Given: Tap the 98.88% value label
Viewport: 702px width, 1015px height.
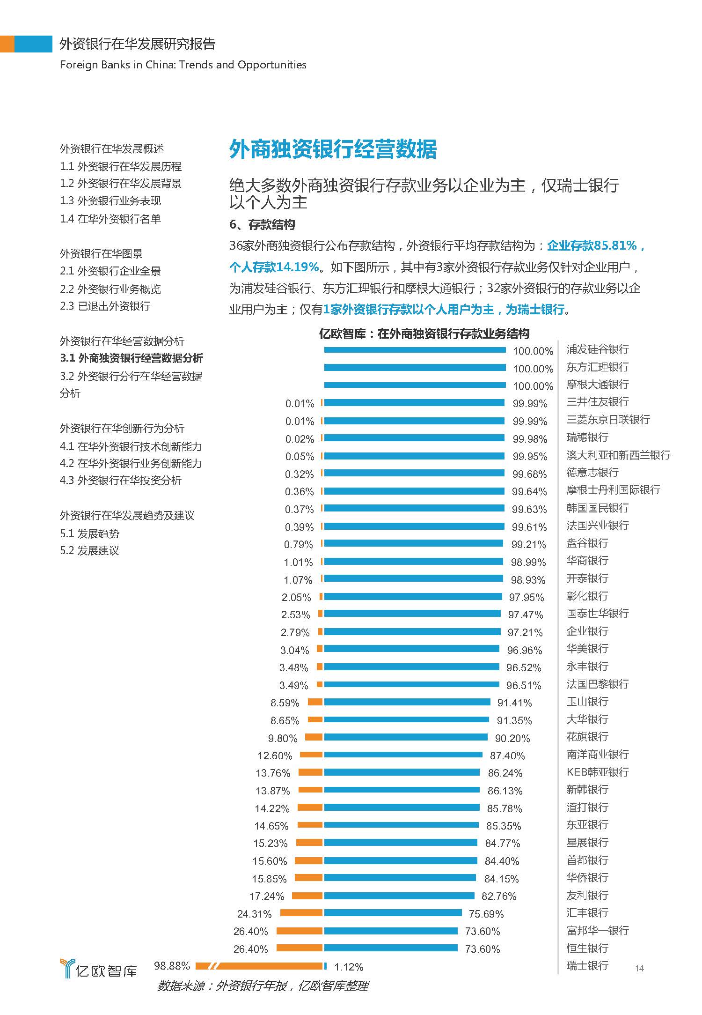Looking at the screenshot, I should pos(172,966).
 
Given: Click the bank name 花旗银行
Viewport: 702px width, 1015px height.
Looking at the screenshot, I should pos(587,737).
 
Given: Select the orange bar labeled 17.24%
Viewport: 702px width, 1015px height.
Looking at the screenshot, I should pos(307,896).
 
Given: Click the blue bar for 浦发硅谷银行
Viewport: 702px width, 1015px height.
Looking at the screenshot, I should pos(415,350).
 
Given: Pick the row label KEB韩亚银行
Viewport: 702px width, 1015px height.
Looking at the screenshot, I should pos(597,772).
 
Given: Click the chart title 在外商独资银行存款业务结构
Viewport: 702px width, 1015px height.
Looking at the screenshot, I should pos(424,333).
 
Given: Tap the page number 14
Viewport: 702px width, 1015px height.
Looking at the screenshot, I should pos(639,968).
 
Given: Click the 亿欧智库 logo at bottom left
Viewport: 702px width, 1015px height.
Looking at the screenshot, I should pos(99,969).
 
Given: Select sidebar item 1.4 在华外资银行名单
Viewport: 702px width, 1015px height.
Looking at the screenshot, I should pos(110,219).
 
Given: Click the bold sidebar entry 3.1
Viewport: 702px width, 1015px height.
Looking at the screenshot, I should pos(132,358).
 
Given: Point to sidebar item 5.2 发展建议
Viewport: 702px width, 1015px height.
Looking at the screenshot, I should pos(89,550).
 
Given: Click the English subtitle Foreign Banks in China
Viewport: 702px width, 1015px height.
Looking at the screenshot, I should pos(183,65).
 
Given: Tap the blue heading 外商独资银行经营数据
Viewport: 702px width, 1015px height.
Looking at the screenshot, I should pos(333,149).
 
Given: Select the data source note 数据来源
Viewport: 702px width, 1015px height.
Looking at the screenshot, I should pos(263,985).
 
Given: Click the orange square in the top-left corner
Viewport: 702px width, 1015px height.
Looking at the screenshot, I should pos(7,44).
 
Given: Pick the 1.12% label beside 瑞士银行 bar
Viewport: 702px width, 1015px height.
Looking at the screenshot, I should pos(349,967).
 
